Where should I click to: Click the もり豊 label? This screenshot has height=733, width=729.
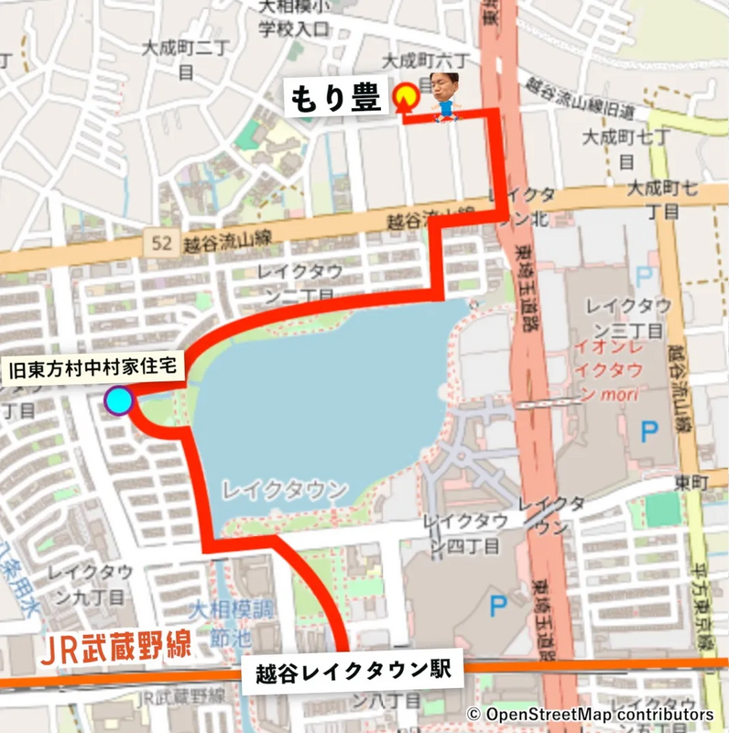pyautogui.click(x=335, y=98)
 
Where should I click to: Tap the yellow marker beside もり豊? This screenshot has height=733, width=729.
pyautogui.click(x=406, y=96)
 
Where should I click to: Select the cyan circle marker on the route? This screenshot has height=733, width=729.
pyautogui.click(x=118, y=401)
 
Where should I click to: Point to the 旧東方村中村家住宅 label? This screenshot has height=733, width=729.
pyautogui.click(x=95, y=371)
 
